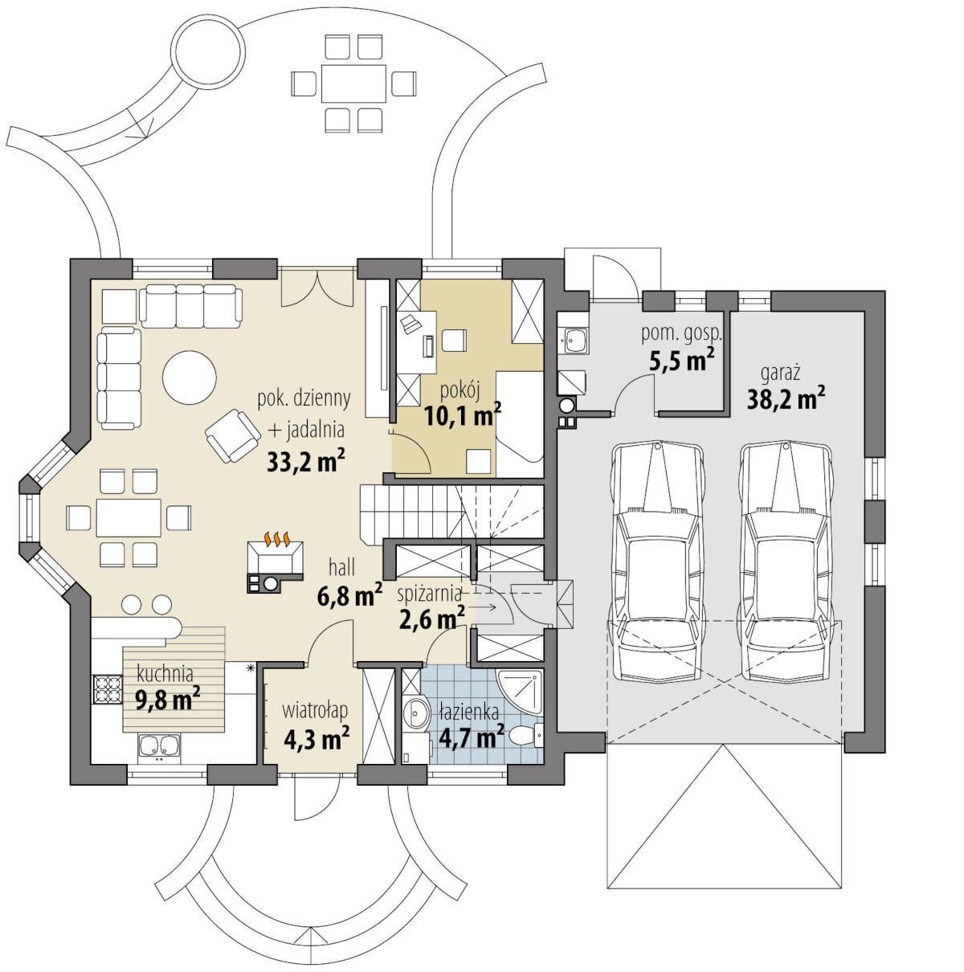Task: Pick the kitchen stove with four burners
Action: tap(107, 689)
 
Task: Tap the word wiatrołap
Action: tap(315, 710)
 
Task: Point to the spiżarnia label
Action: tap(429, 594)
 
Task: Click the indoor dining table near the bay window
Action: tap(129, 517)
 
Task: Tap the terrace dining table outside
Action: tap(353, 83)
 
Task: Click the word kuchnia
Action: tap(165, 673)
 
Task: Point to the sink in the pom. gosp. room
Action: tap(575, 341)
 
